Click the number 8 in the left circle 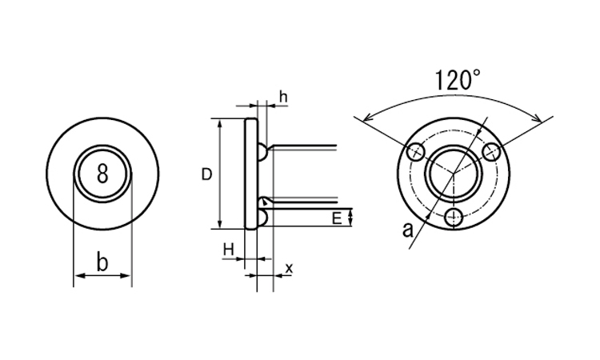pyautogui.click(x=102, y=174)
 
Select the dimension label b pyautogui.click(x=102, y=262)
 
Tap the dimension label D pyautogui.click(x=206, y=174)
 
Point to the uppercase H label pyautogui.click(x=229, y=250)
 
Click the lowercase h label pyautogui.click(x=283, y=97)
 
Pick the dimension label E pyautogui.click(x=337, y=219)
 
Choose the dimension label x pyautogui.click(x=289, y=269)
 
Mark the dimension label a pyautogui.click(x=408, y=230)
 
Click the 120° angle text pyautogui.click(x=458, y=79)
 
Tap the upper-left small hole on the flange pyautogui.click(x=415, y=152)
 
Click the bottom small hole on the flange pyautogui.click(x=454, y=218)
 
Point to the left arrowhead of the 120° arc pyautogui.click(x=367, y=118)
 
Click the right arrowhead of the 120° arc pyautogui.click(x=538, y=118)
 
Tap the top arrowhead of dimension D pyautogui.click(x=220, y=124)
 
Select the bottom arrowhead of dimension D pyautogui.click(x=220, y=223)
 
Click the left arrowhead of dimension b pyautogui.click(x=79, y=275)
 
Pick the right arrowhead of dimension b pyautogui.click(x=126, y=275)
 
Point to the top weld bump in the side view pyautogui.click(x=263, y=152)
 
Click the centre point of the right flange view pyautogui.click(x=454, y=174)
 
